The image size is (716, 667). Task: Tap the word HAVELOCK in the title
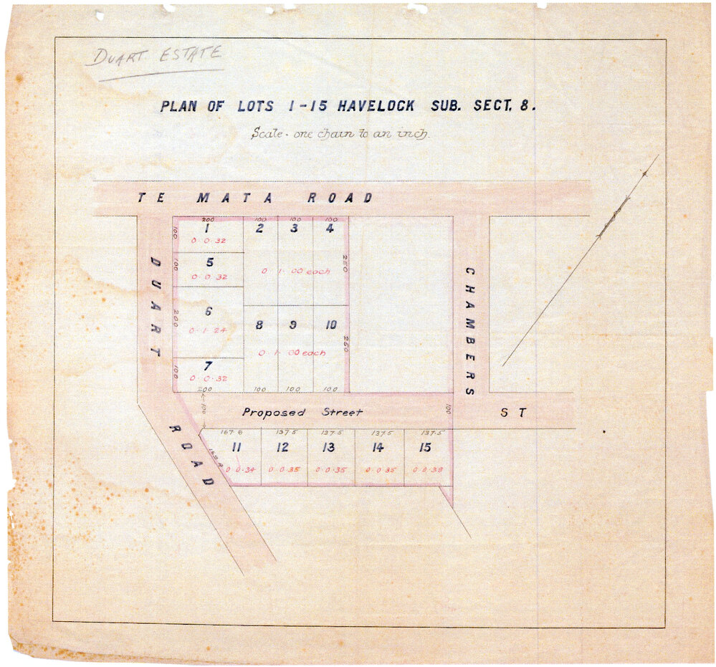(374, 106)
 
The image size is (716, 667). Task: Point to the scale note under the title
(340, 133)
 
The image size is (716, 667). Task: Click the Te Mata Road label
(255, 198)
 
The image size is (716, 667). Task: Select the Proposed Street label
(302, 412)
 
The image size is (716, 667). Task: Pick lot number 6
(209, 312)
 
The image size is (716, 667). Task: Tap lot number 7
(208, 366)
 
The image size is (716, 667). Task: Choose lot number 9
(293, 325)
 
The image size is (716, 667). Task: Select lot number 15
(426, 448)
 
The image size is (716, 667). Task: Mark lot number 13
(328, 448)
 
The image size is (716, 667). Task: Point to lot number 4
(329, 229)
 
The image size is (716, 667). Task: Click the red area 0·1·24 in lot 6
(208, 331)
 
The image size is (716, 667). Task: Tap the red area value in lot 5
(209, 277)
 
